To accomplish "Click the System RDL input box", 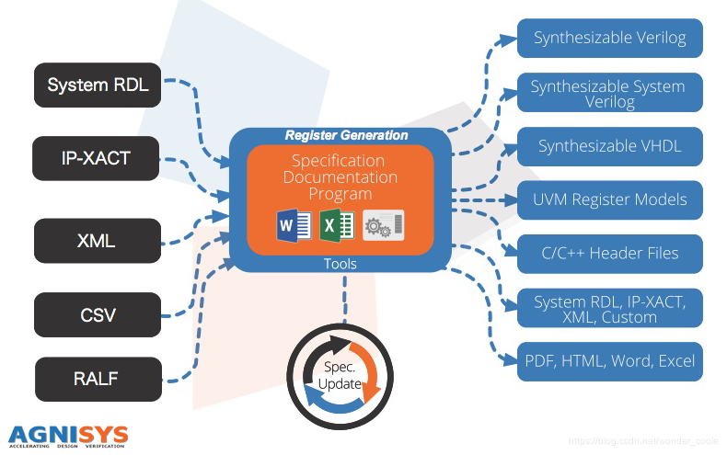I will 98,85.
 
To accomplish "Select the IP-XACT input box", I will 97,158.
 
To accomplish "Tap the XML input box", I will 97,240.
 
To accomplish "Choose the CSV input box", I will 97,315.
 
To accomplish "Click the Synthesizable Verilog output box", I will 608,39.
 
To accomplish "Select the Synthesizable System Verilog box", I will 608,93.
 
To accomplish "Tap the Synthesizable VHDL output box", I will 608,146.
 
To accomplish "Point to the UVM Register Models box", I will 608,199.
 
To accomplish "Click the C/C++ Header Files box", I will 608,254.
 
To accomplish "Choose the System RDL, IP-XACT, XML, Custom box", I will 608,308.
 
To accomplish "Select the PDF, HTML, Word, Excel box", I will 608,361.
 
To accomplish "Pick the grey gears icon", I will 384,225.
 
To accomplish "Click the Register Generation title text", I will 346,135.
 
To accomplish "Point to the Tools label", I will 340,264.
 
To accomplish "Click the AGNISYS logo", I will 68,435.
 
